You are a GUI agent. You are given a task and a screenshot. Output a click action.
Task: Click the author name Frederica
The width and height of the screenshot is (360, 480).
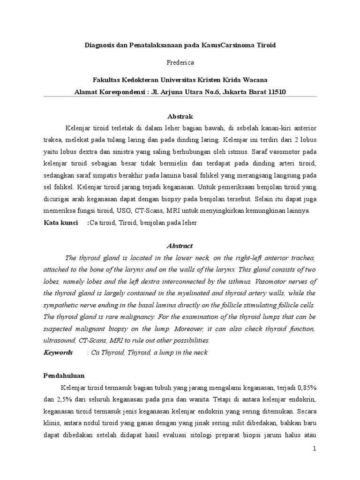(180, 62)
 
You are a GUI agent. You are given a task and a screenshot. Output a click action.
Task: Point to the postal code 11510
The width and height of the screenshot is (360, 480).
(276, 92)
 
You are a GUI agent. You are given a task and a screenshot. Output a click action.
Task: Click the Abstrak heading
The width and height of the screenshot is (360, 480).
(180, 116)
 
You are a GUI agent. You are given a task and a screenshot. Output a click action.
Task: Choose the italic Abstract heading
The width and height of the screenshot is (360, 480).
(180, 246)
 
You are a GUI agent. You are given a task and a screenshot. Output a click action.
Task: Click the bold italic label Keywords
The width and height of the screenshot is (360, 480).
(58, 352)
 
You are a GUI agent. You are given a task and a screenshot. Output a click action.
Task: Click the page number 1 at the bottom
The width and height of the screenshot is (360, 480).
(315, 449)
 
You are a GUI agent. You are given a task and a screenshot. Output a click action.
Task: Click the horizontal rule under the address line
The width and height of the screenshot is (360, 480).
(180, 97)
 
